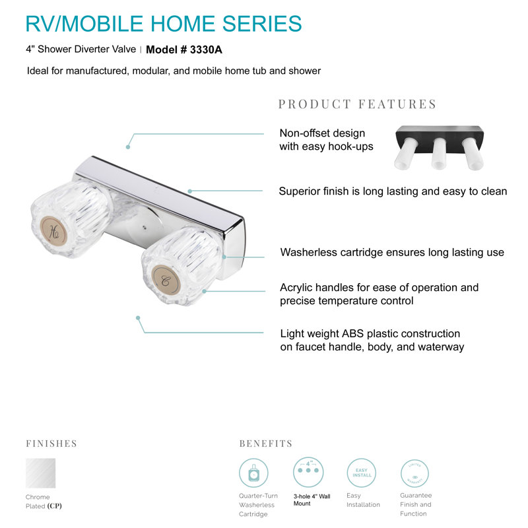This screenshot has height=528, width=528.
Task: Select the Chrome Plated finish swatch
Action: (x=40, y=473)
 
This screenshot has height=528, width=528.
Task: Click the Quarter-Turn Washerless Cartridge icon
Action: (x=253, y=473)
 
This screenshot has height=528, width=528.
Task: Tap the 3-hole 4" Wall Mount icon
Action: (x=308, y=473)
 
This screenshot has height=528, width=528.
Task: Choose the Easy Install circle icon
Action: (x=361, y=473)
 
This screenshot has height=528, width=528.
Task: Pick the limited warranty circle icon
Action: (x=415, y=473)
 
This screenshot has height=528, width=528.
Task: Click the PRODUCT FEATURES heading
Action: (x=357, y=104)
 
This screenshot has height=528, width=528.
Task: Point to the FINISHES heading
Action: (x=51, y=444)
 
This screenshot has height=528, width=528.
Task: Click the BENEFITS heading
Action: (x=265, y=444)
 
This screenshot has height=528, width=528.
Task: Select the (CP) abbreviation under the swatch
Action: (x=55, y=506)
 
